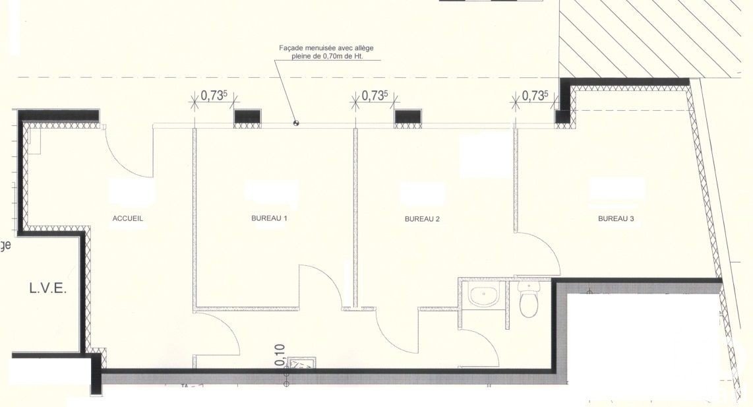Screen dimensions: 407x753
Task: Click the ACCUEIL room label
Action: point(128,218)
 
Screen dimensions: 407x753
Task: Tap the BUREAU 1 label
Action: point(269,218)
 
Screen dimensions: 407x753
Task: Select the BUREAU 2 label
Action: point(422,219)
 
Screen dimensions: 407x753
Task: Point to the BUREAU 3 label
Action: point(616,219)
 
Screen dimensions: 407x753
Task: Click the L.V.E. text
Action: point(47,289)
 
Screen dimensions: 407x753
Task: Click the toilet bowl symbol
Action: point(529,303)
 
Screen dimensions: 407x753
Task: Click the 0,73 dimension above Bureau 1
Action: point(213,96)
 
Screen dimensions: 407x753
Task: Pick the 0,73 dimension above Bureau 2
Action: point(374,96)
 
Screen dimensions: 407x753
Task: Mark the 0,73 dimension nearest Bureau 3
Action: point(535,96)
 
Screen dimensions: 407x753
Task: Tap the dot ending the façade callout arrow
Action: point(296,122)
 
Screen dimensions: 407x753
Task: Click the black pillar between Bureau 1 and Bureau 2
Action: point(408,117)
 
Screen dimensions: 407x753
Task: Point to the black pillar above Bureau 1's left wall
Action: point(248,117)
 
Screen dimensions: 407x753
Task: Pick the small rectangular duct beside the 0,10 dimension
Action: point(303,362)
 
